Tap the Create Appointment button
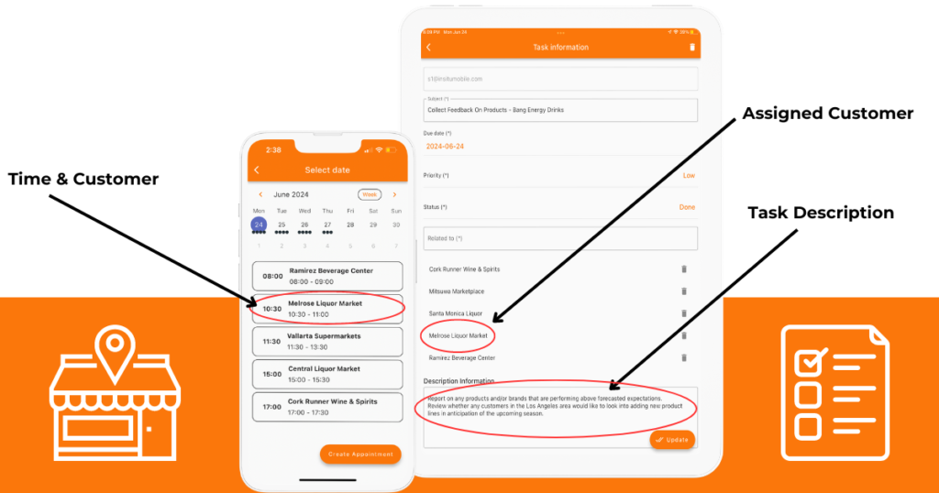pyautogui.click(x=360, y=454)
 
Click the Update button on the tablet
pyautogui.click(x=672, y=440)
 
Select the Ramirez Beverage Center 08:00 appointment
pyautogui.click(x=327, y=276)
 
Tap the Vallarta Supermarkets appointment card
pyautogui.click(x=327, y=341)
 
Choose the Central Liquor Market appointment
pyautogui.click(x=327, y=374)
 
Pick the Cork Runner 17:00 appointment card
pyautogui.click(x=327, y=406)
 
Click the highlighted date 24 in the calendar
pyautogui.click(x=260, y=225)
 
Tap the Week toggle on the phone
pyautogui.click(x=370, y=194)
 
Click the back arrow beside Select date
pyautogui.click(x=257, y=170)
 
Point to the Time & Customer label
pyautogui.click(x=83, y=180)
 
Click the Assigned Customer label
pyautogui.click(x=827, y=114)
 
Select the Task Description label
pyautogui.click(x=820, y=213)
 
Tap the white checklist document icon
pyautogui.click(x=834, y=391)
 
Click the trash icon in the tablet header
pyautogui.click(x=692, y=47)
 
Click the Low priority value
pyautogui.click(x=689, y=175)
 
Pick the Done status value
pyautogui.click(x=687, y=207)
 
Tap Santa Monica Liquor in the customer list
pyautogui.click(x=456, y=313)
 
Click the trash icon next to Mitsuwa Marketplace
pyautogui.click(x=683, y=291)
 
